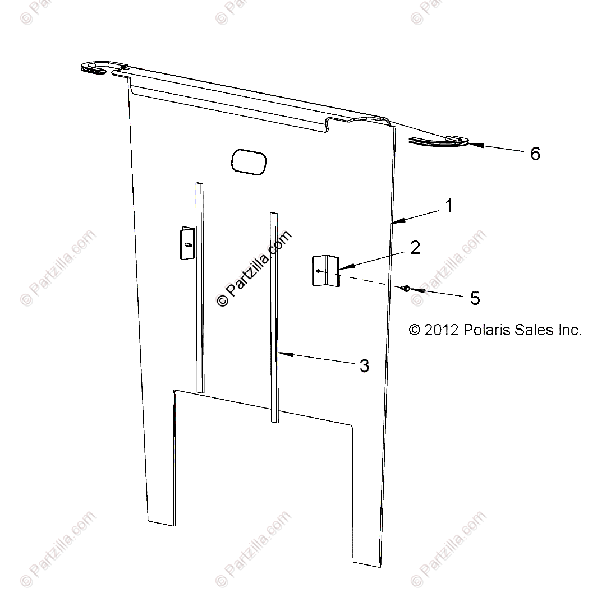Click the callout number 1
click(x=448, y=206)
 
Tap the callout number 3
click(x=364, y=366)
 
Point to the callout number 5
click(x=475, y=299)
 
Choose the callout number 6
click(x=535, y=154)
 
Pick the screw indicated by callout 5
click(x=405, y=288)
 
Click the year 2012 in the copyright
click(x=442, y=330)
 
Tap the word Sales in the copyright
click(x=532, y=330)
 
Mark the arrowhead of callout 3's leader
click(x=281, y=354)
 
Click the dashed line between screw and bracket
click(x=370, y=282)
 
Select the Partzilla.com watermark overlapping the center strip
click(x=255, y=269)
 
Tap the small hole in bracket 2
click(x=319, y=270)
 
